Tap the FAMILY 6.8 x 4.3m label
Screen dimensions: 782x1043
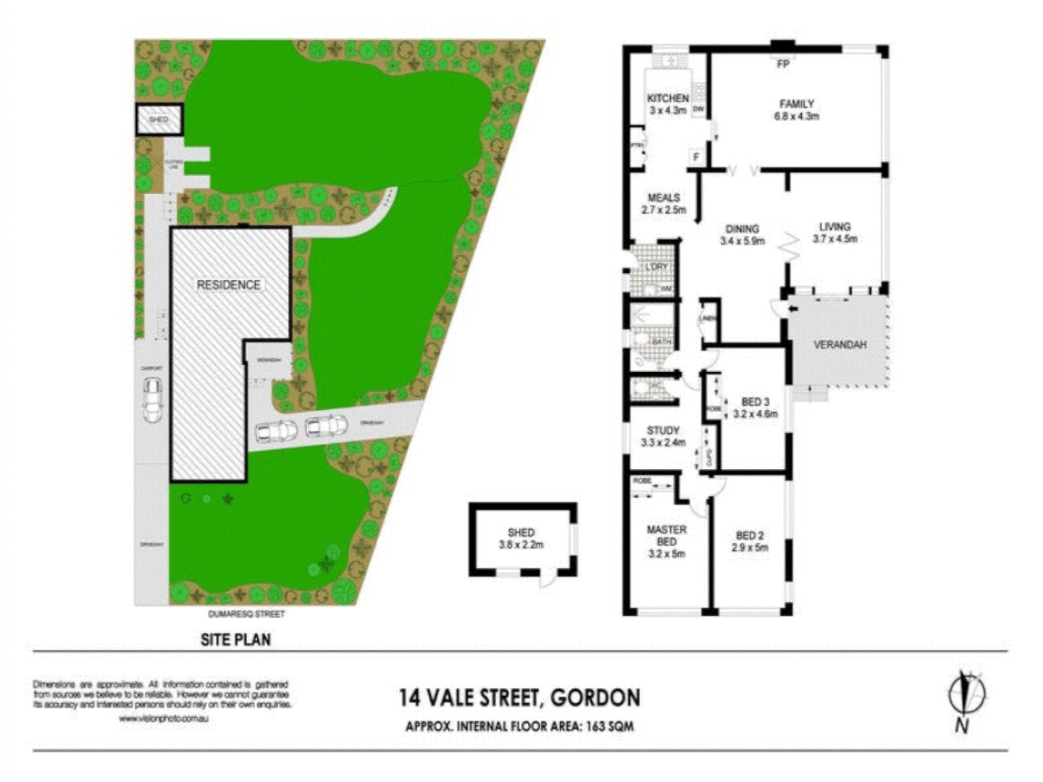coord(796,109)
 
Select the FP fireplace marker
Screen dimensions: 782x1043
coord(783,64)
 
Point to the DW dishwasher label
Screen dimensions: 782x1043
coord(698,110)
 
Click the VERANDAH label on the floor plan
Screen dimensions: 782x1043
coord(839,345)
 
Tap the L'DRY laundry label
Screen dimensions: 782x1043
coord(656,267)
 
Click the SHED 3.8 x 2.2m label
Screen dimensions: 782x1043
coord(521,538)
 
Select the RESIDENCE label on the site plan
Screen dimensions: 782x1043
coord(228,285)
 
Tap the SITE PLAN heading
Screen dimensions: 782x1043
coord(235,639)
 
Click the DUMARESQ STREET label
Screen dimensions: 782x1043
coord(246,614)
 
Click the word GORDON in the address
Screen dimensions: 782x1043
coord(595,697)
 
